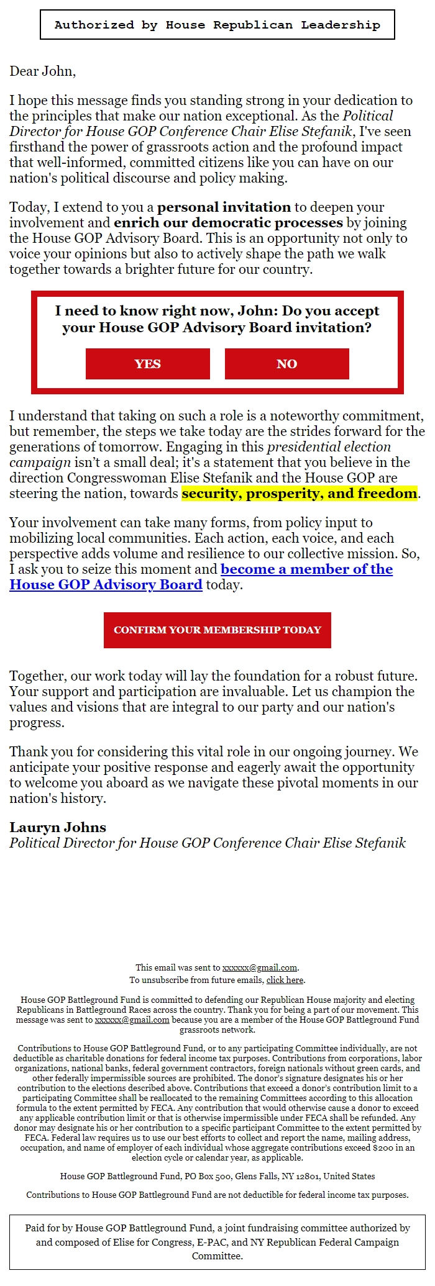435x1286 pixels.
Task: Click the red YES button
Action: point(147,364)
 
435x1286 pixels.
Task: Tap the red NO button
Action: point(286,364)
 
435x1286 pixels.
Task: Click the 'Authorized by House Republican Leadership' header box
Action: point(217,25)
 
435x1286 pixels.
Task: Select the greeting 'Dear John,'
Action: point(42,71)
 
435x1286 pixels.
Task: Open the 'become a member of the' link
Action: point(306,569)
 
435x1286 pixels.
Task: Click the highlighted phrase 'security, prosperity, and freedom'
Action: point(299,494)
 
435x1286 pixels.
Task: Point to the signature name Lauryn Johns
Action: point(58,827)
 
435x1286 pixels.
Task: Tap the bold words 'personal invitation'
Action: point(224,207)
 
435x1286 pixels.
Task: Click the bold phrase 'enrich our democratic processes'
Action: point(228,223)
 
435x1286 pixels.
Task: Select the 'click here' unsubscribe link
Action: point(285,980)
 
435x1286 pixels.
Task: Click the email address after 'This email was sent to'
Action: point(259,967)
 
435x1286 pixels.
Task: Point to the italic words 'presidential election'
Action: point(329,447)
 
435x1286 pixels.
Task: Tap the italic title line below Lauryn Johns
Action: point(207,843)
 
